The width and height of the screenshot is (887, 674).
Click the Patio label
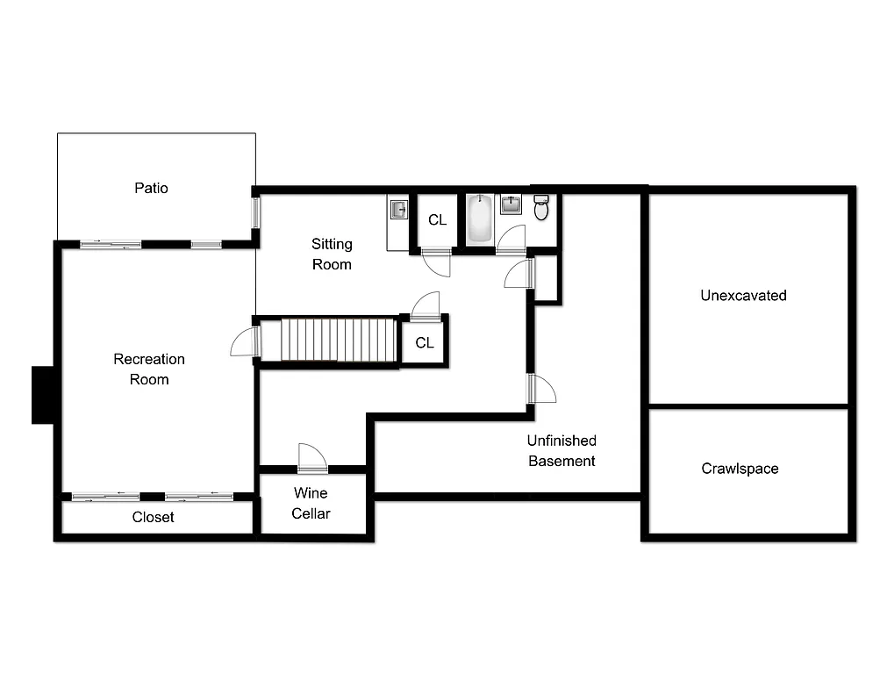coord(151,188)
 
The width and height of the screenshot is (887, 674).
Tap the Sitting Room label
coord(332,254)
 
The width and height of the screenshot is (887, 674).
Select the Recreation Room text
coord(149,369)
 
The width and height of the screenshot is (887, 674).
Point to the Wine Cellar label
coord(311,504)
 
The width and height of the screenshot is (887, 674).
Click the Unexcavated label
coord(743,296)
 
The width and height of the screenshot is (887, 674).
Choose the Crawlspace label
coord(740,469)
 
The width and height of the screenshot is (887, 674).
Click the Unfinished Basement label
coord(562,451)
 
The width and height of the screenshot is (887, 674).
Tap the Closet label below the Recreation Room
coord(154,518)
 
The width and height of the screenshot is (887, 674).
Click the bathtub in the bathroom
coord(479,219)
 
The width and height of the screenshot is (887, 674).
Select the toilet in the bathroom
coord(541,208)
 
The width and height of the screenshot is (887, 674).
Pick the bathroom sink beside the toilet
coord(511,205)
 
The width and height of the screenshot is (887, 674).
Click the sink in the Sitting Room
coord(398,209)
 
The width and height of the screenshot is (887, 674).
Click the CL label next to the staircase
coord(425,343)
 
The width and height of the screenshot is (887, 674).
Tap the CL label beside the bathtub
coord(437,220)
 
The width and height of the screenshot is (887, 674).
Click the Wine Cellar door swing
coord(311,458)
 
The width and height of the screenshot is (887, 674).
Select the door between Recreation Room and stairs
coord(245,342)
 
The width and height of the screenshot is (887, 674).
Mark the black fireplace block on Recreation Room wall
coord(43,395)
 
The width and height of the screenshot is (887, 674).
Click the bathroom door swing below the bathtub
coord(511,240)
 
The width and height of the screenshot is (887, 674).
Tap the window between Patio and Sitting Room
coord(256,212)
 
